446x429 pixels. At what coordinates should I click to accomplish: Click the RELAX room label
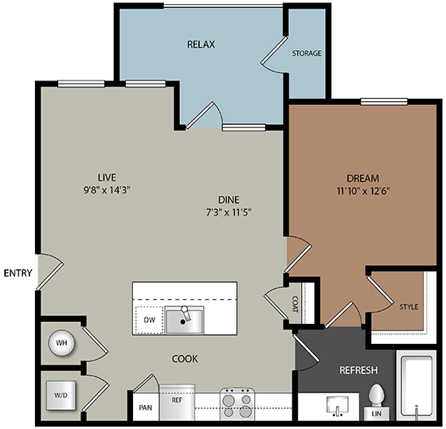(x=201, y=45)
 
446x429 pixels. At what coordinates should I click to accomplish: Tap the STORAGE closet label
(x=307, y=53)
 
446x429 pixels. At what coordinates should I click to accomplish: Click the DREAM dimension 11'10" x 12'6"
(x=362, y=190)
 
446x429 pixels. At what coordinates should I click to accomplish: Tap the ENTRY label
(x=17, y=273)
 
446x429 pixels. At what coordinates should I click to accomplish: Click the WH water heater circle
(x=61, y=344)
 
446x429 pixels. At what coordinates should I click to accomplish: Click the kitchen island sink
(x=184, y=319)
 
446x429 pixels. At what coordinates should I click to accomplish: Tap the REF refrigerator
(x=177, y=400)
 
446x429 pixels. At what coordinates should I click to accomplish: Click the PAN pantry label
(x=146, y=408)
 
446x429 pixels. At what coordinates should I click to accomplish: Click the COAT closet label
(x=295, y=303)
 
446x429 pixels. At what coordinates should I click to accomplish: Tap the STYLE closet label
(x=408, y=306)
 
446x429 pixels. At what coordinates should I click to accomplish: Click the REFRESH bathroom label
(x=358, y=371)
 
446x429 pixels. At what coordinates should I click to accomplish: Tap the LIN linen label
(x=377, y=414)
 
